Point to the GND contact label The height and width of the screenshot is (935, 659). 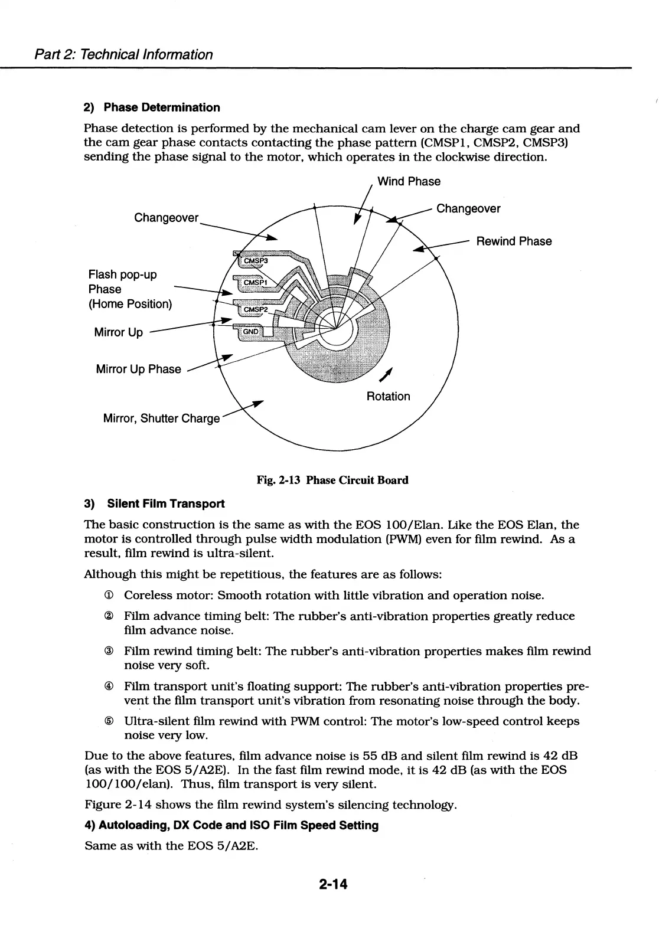pos(251,332)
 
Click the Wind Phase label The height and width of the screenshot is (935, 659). pos(409,181)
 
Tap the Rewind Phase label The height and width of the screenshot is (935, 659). pos(514,241)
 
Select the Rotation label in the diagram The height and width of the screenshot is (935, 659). pos(388,396)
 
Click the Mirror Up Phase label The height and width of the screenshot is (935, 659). pos(138,370)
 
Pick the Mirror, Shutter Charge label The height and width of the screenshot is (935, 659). pos(161,419)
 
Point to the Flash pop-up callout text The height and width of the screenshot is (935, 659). pos(122,275)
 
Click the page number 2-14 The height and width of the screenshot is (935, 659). pos(333,884)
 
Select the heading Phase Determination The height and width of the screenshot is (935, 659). pos(161,107)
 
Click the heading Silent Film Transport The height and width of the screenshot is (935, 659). pos(165,504)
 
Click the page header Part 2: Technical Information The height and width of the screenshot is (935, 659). pos(123,55)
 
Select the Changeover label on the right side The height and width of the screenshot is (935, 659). pos(468,209)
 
